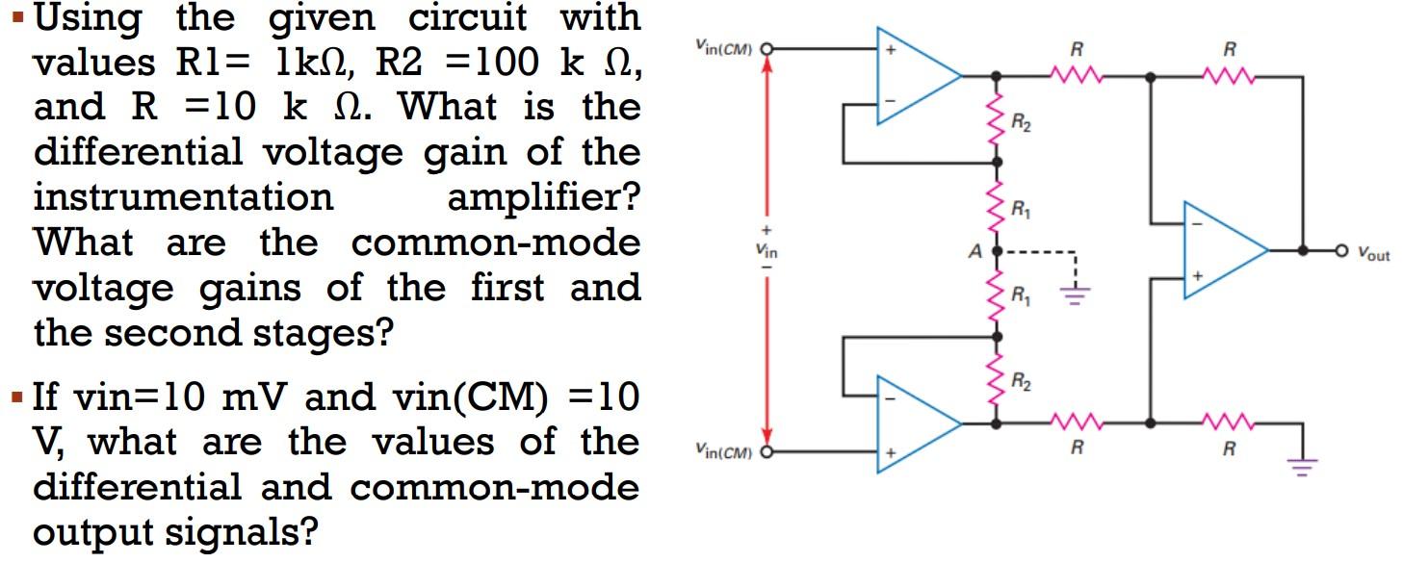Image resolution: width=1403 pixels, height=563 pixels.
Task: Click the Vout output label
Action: [1373, 255]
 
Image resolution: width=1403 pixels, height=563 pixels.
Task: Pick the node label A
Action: [974, 251]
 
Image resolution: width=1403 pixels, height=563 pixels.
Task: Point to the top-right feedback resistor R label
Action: [1229, 48]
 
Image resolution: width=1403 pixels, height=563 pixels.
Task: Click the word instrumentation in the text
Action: [183, 197]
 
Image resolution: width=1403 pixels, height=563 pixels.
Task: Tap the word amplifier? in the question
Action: [543, 197]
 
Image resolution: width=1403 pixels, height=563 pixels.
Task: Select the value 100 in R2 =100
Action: [506, 63]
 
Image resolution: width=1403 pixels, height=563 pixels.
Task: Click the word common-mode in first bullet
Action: [495, 243]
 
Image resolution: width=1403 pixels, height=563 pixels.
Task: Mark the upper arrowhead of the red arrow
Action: [767, 65]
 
